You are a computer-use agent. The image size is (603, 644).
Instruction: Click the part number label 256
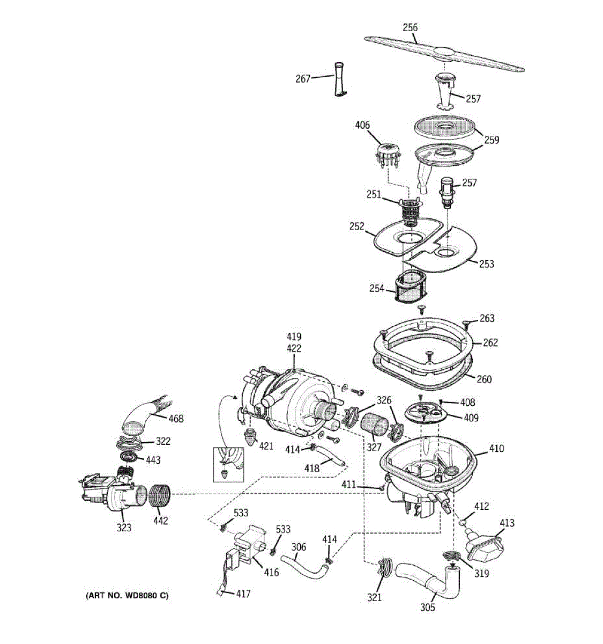[410, 27]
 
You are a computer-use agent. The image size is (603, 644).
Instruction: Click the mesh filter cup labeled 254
[410, 287]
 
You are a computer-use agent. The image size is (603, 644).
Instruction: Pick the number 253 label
[486, 264]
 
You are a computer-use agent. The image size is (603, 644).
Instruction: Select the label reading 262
[490, 342]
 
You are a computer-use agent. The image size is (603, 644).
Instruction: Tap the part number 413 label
[507, 523]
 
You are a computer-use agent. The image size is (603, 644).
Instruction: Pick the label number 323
[124, 528]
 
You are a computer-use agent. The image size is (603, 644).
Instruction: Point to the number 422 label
[294, 348]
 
